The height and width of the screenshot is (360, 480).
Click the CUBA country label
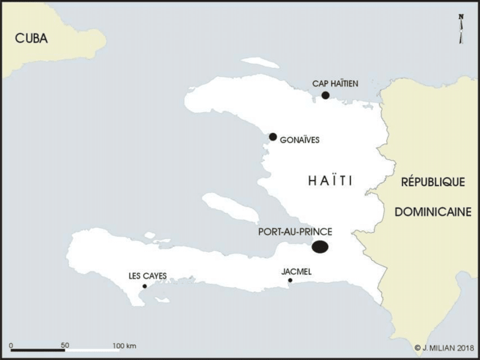[31, 38]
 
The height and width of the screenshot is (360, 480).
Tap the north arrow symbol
[461, 28]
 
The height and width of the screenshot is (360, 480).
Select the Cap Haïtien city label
[335, 84]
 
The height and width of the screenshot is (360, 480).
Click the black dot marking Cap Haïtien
[325, 95]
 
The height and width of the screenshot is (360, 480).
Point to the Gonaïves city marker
[273, 137]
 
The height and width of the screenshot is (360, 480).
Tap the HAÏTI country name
[330, 181]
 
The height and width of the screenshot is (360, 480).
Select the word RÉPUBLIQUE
[433, 182]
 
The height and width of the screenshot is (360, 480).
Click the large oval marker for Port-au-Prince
[321, 247]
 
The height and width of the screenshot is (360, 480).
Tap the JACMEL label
[296, 271]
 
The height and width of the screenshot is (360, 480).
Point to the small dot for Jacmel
[290, 280]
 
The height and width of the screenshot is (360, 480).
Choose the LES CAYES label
[147, 276]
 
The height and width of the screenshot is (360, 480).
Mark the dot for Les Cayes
[145, 286]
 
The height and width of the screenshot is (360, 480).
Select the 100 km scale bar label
[124, 345]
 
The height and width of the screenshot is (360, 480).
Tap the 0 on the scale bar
[12, 345]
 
